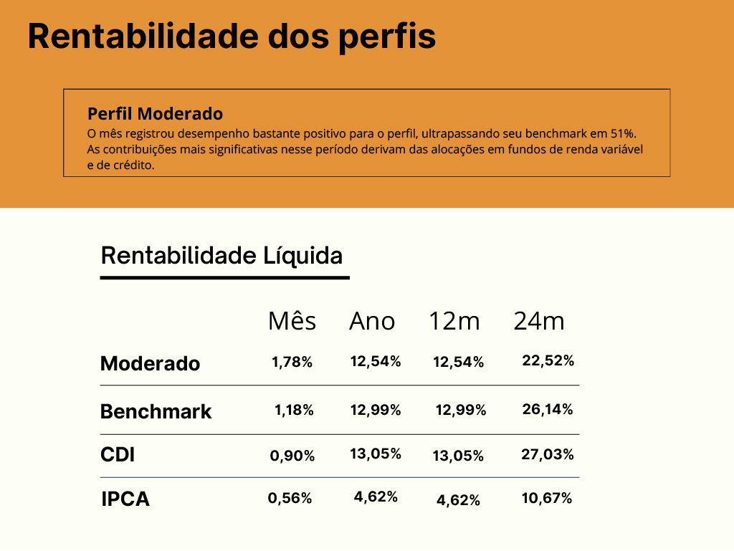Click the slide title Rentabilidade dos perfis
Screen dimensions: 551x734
click(232, 36)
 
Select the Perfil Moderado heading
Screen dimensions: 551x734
click(155, 114)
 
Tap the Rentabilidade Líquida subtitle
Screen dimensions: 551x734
click(221, 256)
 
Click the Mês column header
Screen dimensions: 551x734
click(292, 322)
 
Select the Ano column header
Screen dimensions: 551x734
click(372, 322)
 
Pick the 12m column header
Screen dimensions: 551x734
click(454, 322)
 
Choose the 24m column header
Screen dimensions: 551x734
click(539, 322)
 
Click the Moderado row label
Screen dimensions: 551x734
click(151, 364)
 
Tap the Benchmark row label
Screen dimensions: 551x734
click(156, 412)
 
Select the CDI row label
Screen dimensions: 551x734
click(118, 455)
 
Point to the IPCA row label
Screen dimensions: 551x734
click(125, 499)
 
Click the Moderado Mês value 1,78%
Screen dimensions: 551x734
click(292, 363)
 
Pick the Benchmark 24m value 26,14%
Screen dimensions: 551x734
click(548, 410)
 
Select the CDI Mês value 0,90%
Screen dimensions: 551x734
click(292, 456)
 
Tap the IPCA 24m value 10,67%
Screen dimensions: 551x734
click(547, 499)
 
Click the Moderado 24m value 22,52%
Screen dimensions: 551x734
click(548, 361)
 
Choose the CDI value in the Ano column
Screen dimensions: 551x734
click(376, 454)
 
